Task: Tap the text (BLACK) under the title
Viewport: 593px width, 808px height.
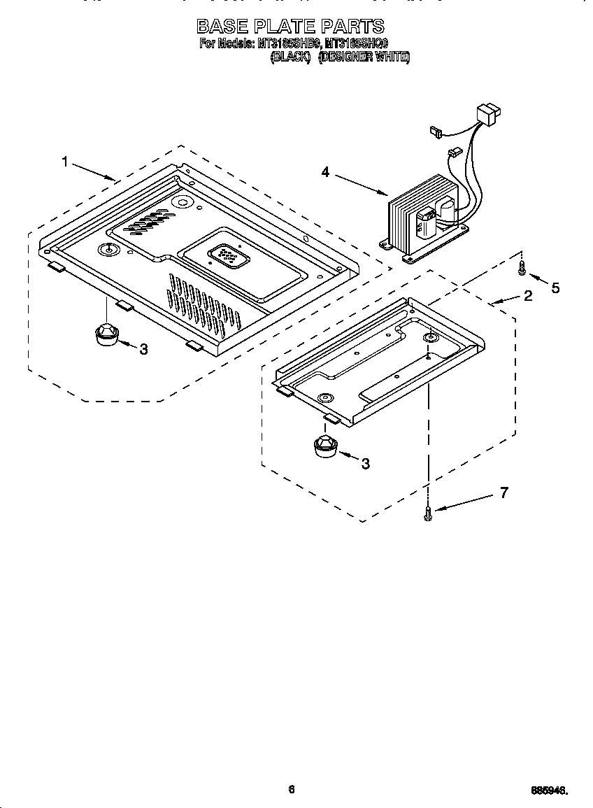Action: [x=290, y=57]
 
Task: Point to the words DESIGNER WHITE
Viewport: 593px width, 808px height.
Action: [x=364, y=57]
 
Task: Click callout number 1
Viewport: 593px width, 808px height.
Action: [x=65, y=162]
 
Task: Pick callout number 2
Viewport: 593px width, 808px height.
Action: [x=528, y=295]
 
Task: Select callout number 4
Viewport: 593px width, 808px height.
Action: [x=325, y=171]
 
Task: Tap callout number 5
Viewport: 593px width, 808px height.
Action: [x=555, y=288]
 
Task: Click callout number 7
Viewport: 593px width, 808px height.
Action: [x=503, y=492]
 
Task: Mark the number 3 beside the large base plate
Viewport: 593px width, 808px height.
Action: [x=143, y=349]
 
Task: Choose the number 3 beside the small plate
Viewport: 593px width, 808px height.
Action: [x=365, y=462]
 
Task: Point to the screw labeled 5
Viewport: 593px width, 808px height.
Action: [x=522, y=267]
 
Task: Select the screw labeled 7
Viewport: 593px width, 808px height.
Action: [x=428, y=515]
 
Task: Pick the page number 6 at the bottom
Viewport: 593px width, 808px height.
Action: [x=292, y=789]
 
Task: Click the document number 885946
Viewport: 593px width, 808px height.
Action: [x=548, y=791]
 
